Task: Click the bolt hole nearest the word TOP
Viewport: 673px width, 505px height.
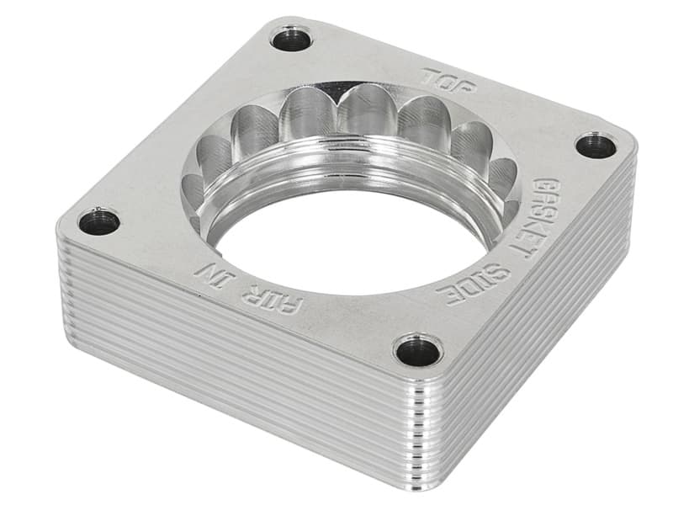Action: point(291,39)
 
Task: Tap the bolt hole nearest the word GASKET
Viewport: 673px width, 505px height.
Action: point(596,145)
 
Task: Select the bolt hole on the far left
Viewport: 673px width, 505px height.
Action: point(98,222)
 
